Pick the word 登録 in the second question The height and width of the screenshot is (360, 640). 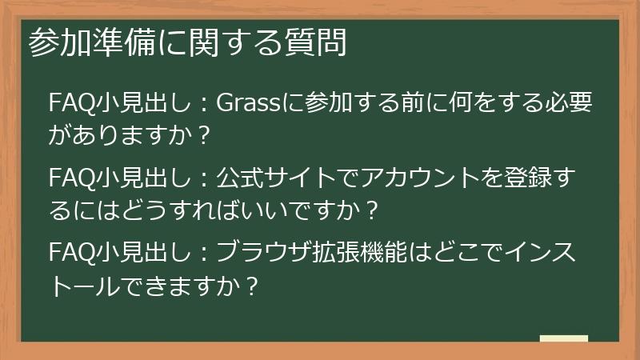coord(537,177)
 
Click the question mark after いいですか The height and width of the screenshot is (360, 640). coord(370,212)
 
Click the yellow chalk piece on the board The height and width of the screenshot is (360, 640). coord(563,339)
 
